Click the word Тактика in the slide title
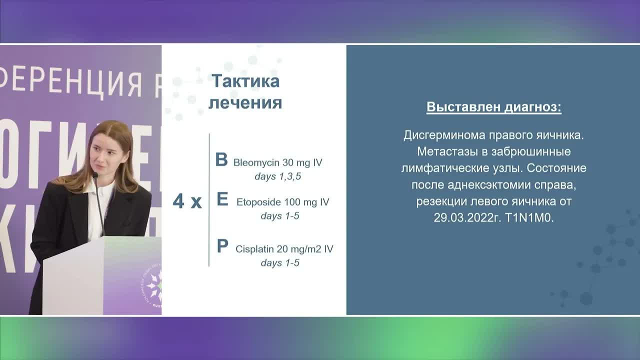click(245, 81)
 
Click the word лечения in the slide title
click(245, 103)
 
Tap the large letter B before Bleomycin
click(221, 160)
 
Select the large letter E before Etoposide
click(222, 200)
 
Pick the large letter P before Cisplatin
click(222, 246)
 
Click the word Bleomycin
click(253, 163)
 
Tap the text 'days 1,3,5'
click(277, 176)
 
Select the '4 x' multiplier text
click(187, 202)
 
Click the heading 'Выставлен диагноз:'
click(493, 107)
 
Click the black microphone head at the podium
click(94, 175)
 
